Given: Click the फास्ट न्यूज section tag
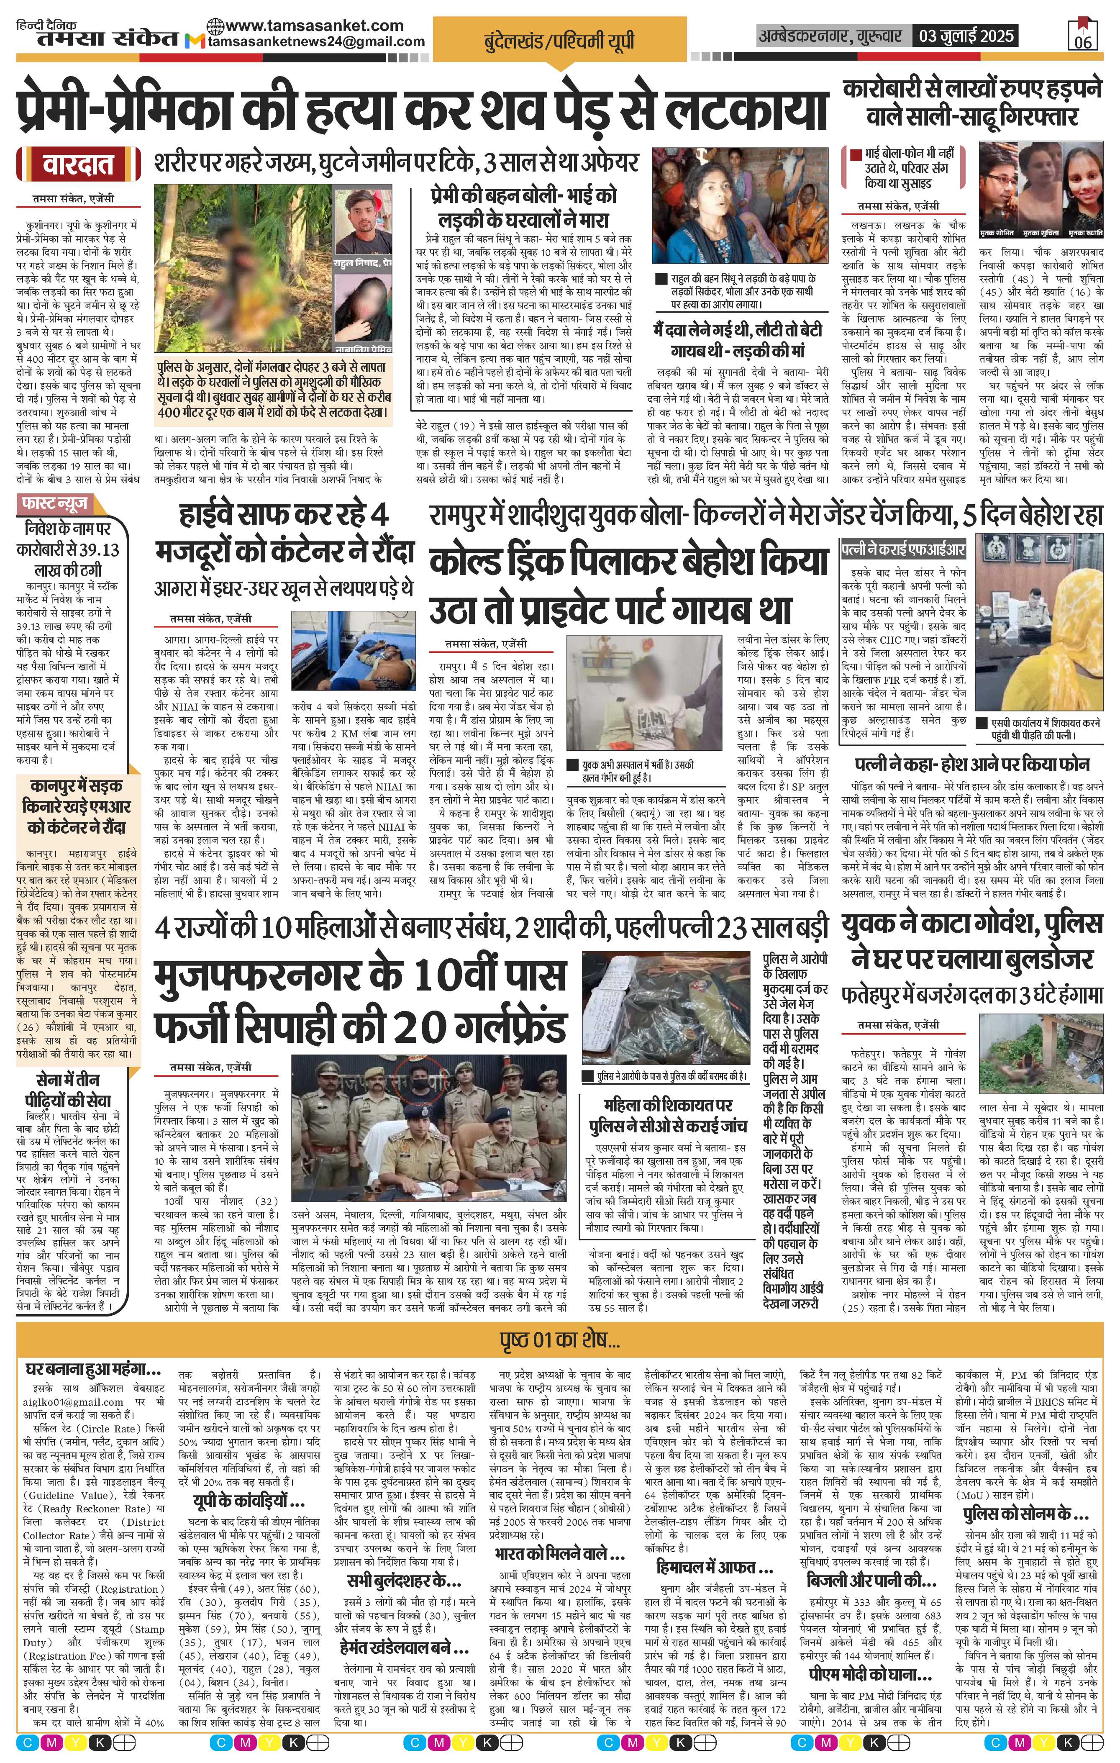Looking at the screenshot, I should [x=56, y=504].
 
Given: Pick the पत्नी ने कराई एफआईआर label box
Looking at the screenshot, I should [x=903, y=548].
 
